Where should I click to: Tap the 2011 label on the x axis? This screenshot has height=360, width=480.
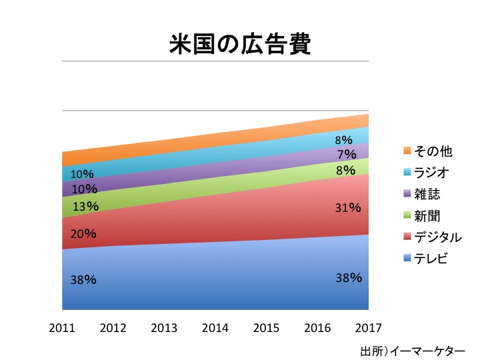62,328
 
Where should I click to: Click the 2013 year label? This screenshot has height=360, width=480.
164,328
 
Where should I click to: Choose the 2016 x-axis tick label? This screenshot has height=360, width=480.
317,328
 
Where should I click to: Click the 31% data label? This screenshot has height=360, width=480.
347,208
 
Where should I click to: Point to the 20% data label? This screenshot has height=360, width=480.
84,234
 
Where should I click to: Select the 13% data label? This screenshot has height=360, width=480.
86,207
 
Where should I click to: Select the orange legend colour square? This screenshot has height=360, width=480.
407,151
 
